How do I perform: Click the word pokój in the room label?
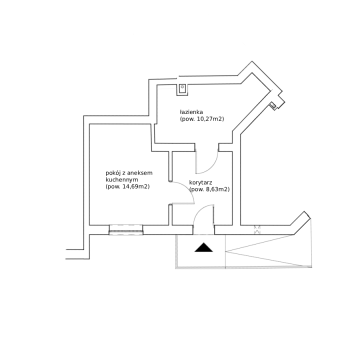(112, 173)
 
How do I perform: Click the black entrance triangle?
(204, 247)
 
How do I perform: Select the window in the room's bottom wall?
(126, 230)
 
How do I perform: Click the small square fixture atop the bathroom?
(182, 89)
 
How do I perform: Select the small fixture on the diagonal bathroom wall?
(273, 106)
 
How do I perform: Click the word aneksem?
(142, 173)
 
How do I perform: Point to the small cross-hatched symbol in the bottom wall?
(257, 229)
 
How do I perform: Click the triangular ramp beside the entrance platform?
(269, 251)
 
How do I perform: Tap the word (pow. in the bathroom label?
(186, 119)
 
